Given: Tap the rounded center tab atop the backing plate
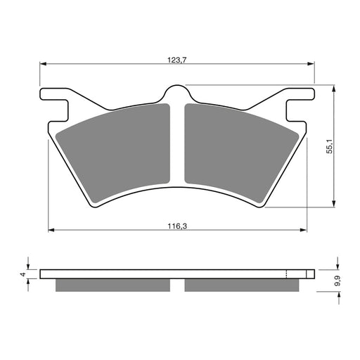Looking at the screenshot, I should tap(177, 94).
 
